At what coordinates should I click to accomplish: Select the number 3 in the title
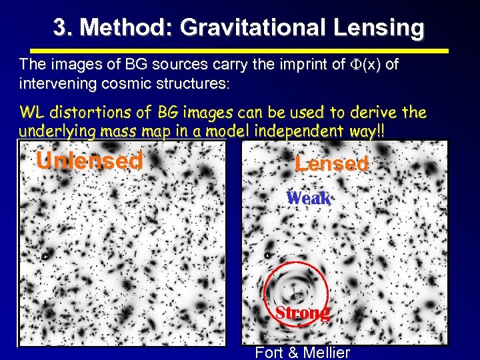pos(61,28)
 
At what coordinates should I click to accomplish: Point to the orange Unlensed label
pos(89,161)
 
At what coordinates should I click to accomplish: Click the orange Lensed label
pos(331,163)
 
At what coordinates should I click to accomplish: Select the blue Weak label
pos(308,198)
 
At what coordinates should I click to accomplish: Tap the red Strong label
pos(302,313)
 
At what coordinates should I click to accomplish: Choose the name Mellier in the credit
pos(325,353)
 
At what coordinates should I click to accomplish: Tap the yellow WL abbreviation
pos(31,111)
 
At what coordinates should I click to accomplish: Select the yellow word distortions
pos(83,111)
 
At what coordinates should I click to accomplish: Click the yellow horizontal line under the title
pos(239,51)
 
